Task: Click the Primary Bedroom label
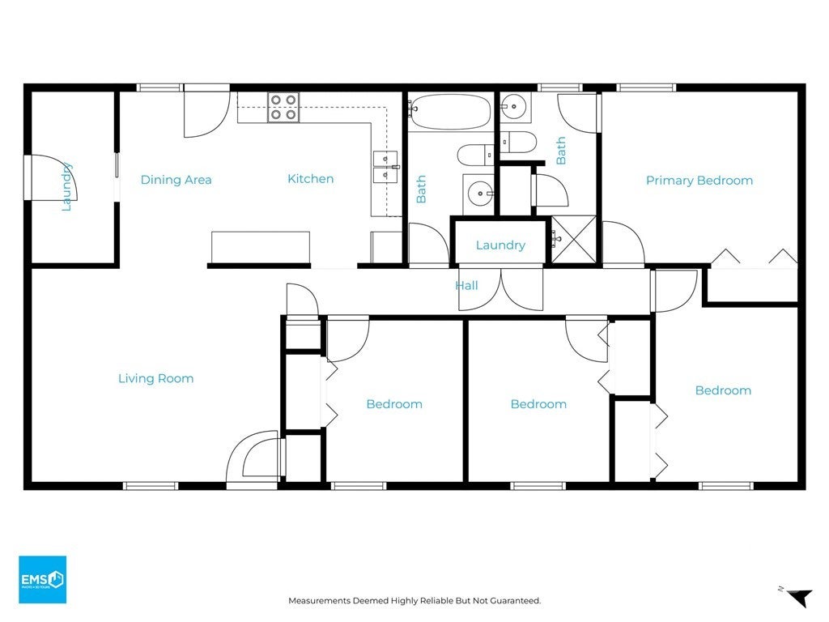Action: tap(699, 181)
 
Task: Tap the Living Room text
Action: tap(156, 379)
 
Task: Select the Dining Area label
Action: tap(176, 180)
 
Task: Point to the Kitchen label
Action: tap(310, 179)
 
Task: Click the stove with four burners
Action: tap(283, 108)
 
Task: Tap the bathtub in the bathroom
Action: tap(450, 112)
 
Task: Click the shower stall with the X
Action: tap(574, 239)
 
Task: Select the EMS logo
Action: tap(42, 579)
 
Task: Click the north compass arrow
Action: tap(798, 597)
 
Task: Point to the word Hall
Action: tap(467, 286)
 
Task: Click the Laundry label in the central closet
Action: tap(500, 245)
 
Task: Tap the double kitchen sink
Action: tap(385, 167)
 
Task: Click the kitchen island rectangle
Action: tap(261, 247)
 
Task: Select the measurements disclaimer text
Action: tap(414, 600)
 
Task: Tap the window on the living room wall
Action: tap(151, 486)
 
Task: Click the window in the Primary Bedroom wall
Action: tap(646, 87)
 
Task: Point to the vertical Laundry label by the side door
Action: tap(66, 187)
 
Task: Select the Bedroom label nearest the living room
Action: tap(394, 404)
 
